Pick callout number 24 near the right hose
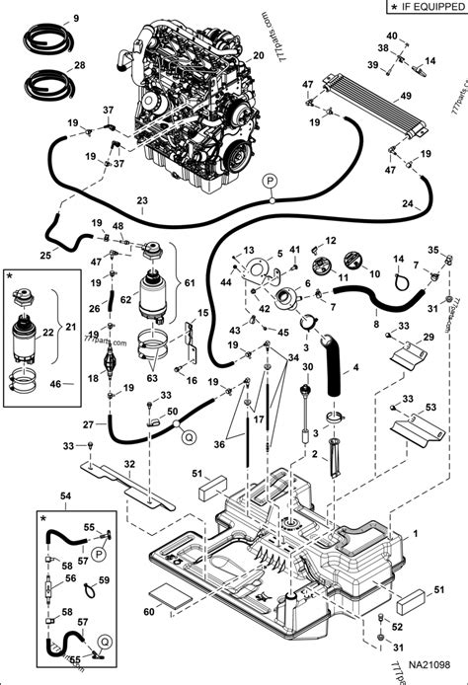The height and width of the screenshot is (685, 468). tap(433, 205)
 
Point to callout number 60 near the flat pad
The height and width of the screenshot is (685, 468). tap(148, 611)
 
